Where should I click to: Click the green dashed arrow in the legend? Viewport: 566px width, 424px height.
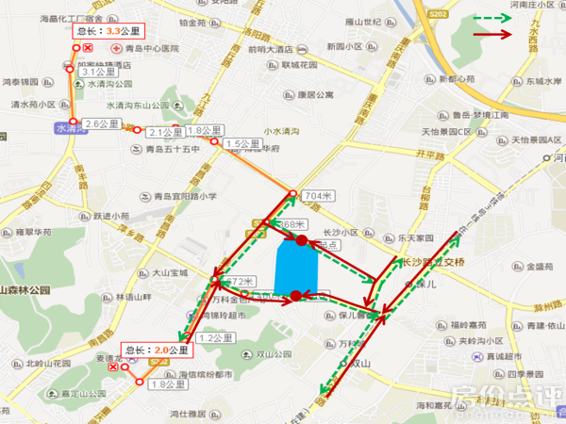(492, 18)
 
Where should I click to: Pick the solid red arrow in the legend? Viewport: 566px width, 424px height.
(492, 35)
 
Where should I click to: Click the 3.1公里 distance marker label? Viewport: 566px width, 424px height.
(98, 71)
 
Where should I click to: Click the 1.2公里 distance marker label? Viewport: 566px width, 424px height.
(217, 337)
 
